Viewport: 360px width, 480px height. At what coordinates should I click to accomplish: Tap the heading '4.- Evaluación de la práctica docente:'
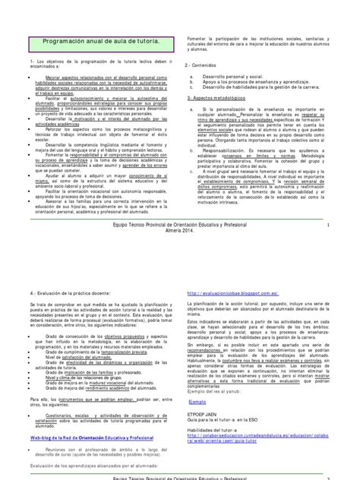click(72, 271)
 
